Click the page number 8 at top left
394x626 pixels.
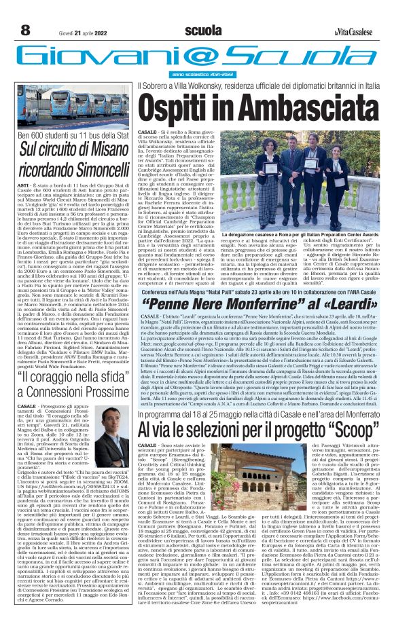click(25, 30)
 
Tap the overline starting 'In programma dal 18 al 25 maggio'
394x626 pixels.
click(264, 394)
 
